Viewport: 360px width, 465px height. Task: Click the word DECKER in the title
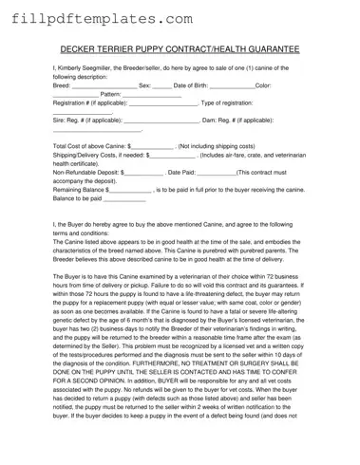[x=80, y=47]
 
